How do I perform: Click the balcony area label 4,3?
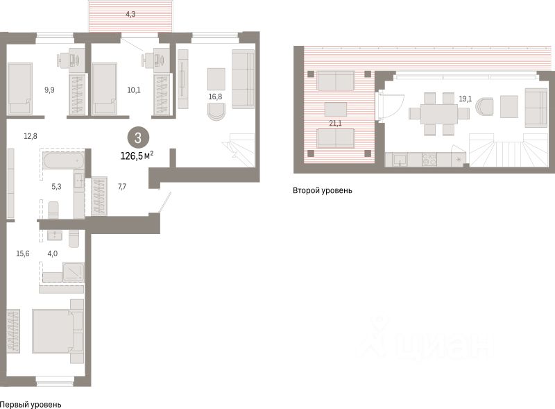[x=130, y=15]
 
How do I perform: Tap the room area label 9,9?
[x=49, y=90]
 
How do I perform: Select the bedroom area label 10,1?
[x=134, y=90]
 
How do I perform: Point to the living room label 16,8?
[x=216, y=97]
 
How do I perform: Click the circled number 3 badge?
[x=138, y=138]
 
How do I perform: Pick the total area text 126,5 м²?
[x=137, y=156]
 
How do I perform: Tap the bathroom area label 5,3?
[x=56, y=186]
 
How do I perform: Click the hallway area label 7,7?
[x=122, y=186]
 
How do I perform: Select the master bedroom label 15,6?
[x=23, y=253]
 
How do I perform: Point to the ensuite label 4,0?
[x=53, y=253]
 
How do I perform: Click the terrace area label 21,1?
[x=335, y=124]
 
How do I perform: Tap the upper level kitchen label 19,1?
[x=465, y=99]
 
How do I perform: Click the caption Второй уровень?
[x=323, y=190]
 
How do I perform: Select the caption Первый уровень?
[x=31, y=404]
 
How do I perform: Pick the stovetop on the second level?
[x=429, y=159]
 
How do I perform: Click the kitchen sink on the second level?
[x=400, y=160]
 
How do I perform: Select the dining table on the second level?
[x=439, y=114]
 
